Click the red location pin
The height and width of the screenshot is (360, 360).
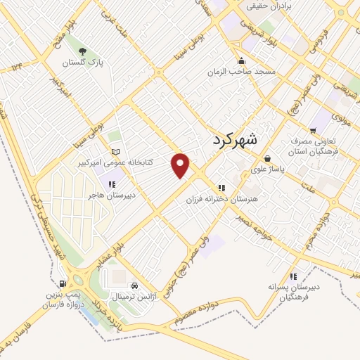coord(181,165)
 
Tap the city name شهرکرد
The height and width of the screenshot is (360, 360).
coord(240,141)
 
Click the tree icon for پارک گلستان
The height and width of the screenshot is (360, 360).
coord(83,51)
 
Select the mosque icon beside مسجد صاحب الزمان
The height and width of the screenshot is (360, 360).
coord(242,60)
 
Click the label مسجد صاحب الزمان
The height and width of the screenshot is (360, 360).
coord(240,72)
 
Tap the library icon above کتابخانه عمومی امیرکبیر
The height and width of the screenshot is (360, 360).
coord(116,152)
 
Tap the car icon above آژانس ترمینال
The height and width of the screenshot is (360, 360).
coord(144,285)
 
